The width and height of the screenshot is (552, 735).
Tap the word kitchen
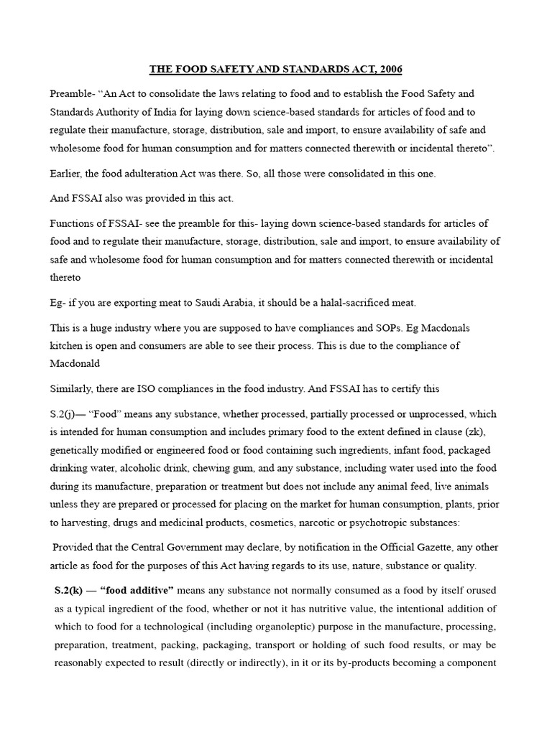(x=68, y=345)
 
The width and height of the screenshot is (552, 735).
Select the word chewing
(x=243, y=468)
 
